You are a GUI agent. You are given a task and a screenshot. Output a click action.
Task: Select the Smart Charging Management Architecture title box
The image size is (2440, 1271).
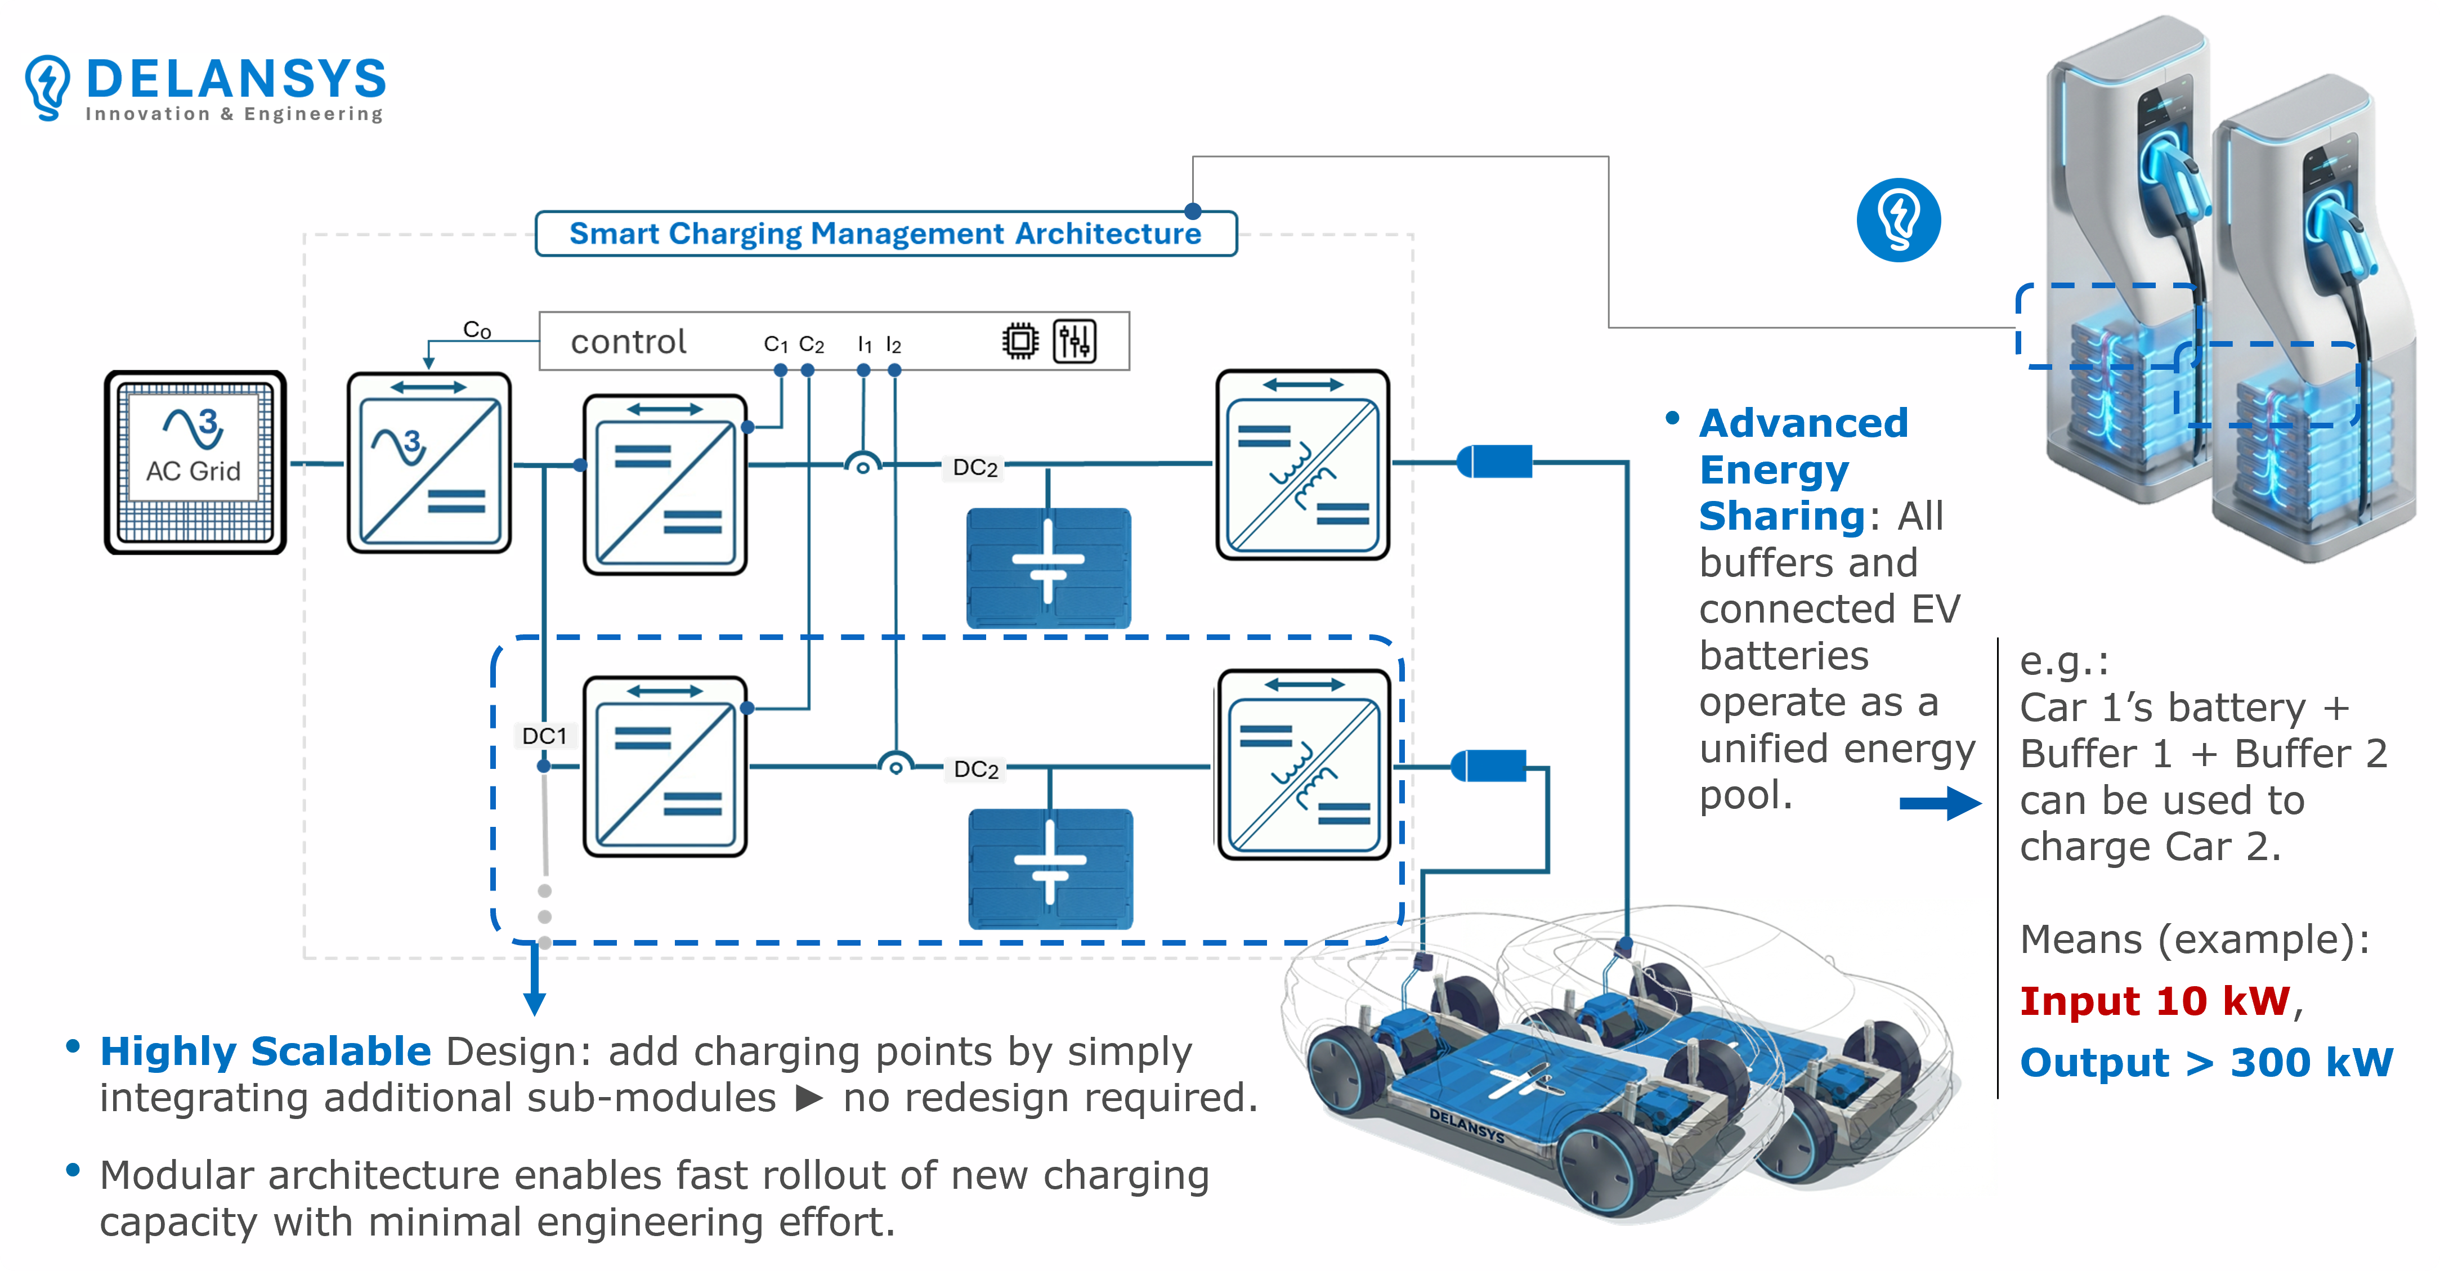885,233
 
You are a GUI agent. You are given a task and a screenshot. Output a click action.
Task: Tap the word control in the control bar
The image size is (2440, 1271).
628,342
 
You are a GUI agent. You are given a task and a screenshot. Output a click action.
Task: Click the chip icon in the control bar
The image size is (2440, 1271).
1019,341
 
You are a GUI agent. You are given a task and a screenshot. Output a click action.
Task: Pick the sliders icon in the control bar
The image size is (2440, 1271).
1074,341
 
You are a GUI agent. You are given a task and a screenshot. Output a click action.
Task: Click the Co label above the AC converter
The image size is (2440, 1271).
476,330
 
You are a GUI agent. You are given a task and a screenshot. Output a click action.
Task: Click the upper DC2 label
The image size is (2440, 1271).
975,467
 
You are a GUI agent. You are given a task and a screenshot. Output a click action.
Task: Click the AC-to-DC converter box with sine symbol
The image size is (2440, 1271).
429,462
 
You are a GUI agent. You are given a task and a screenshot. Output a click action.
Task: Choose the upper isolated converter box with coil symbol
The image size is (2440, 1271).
1302,464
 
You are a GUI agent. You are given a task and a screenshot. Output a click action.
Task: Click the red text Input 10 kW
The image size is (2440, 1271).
2154,1001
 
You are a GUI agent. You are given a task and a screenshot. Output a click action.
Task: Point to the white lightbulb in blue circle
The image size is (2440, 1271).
1898,220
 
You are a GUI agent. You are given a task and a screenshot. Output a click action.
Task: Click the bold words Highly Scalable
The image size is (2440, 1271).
265,1051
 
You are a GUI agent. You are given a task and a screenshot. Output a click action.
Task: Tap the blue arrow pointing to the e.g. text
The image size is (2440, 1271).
1939,803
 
